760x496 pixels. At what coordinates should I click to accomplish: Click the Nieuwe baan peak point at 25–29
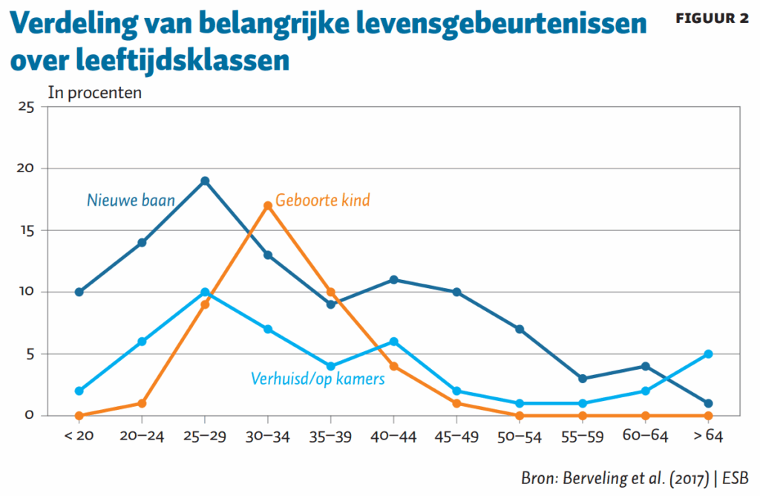click(x=205, y=180)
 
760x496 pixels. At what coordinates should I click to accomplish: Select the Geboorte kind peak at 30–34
click(x=268, y=206)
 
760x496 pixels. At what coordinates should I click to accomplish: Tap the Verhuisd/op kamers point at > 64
click(x=708, y=353)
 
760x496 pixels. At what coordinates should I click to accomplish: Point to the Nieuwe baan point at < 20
click(x=79, y=292)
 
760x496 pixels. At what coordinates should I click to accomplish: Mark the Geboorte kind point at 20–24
click(x=142, y=403)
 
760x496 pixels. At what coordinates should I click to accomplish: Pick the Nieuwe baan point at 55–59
click(x=583, y=379)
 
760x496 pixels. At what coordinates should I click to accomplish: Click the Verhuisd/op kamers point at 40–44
click(x=393, y=342)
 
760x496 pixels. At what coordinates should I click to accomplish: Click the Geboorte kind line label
click(x=322, y=200)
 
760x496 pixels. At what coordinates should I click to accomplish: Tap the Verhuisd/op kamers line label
click(x=318, y=379)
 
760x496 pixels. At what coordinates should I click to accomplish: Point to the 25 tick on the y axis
click(x=27, y=107)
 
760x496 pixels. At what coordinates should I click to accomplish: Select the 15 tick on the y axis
click(x=27, y=230)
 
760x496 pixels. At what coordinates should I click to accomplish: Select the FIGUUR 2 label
click(x=712, y=19)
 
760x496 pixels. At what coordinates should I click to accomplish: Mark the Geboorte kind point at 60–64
click(x=645, y=416)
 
